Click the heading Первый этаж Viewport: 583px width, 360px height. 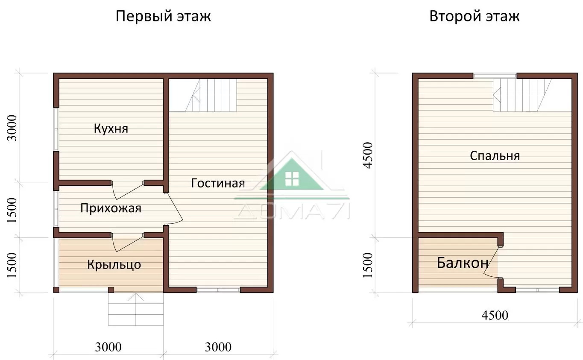tap(163, 16)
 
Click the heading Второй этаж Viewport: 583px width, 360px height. tap(474, 16)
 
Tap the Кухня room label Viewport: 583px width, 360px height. tap(111, 129)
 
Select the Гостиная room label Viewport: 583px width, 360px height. tap(218, 183)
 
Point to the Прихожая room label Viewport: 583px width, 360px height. tap(111, 208)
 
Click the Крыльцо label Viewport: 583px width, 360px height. tap(114, 264)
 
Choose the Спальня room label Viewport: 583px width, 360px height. tap(495, 156)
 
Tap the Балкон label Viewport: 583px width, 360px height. tap(463, 263)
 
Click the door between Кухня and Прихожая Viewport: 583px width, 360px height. tap(127, 190)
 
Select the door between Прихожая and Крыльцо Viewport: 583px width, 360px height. tap(127, 242)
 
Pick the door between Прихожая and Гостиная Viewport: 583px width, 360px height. tap(174, 208)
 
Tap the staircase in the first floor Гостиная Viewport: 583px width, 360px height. tap(211, 95)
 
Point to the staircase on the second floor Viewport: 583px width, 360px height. tap(522, 95)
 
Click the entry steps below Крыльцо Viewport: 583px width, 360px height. tap(136, 309)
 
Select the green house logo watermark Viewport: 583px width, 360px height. tap(292, 174)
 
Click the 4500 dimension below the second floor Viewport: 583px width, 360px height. tap(495, 315)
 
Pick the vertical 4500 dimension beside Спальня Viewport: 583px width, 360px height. tap(368, 155)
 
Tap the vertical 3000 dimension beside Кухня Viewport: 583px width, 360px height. tap(12, 128)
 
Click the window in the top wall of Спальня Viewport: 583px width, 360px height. tap(495, 76)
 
